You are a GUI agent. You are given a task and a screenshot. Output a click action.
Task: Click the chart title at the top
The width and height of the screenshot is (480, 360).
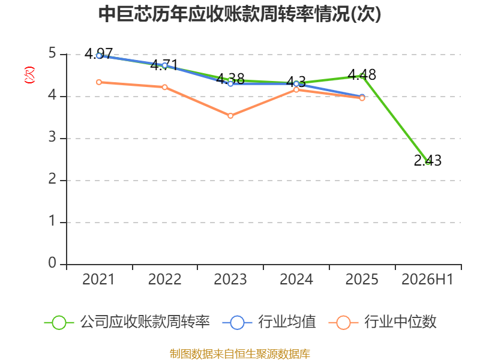(239, 14)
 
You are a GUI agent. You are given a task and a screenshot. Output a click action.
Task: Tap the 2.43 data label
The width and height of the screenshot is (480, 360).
(428, 160)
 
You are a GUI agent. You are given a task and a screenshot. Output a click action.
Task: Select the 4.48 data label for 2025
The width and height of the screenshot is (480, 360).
(362, 74)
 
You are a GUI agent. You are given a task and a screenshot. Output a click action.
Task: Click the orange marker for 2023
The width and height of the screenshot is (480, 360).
(230, 116)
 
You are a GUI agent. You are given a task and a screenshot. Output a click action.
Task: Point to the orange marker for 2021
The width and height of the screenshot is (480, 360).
(99, 82)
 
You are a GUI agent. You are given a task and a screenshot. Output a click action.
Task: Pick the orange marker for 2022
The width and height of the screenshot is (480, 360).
(164, 87)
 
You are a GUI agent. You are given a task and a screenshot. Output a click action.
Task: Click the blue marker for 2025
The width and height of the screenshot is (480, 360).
(362, 97)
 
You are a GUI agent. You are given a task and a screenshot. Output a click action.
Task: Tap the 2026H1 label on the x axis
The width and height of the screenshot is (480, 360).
(427, 280)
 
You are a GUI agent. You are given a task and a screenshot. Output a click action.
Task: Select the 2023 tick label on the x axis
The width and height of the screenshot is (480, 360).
(230, 280)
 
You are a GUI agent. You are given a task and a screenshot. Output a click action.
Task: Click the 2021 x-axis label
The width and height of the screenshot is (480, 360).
(98, 280)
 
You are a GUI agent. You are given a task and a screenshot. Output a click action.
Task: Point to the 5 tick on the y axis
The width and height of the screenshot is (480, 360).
(52, 53)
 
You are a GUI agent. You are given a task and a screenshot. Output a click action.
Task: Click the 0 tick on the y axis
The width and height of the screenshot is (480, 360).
(52, 263)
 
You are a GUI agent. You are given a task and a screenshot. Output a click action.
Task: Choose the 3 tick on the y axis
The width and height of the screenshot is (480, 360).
(52, 137)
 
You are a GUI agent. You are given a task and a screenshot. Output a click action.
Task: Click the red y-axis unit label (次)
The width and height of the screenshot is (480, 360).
(29, 75)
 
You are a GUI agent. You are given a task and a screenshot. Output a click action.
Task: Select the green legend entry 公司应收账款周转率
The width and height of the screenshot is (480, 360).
(127, 322)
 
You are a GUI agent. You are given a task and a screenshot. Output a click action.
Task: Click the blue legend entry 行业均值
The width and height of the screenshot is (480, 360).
(269, 322)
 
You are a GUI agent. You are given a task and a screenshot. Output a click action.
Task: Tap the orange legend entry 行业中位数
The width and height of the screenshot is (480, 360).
(382, 322)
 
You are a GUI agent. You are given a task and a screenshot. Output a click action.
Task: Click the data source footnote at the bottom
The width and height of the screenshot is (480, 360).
(240, 354)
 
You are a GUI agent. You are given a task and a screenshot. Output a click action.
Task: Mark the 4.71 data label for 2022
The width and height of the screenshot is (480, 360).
(164, 65)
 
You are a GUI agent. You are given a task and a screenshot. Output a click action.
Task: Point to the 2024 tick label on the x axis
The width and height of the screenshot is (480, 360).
(296, 280)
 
